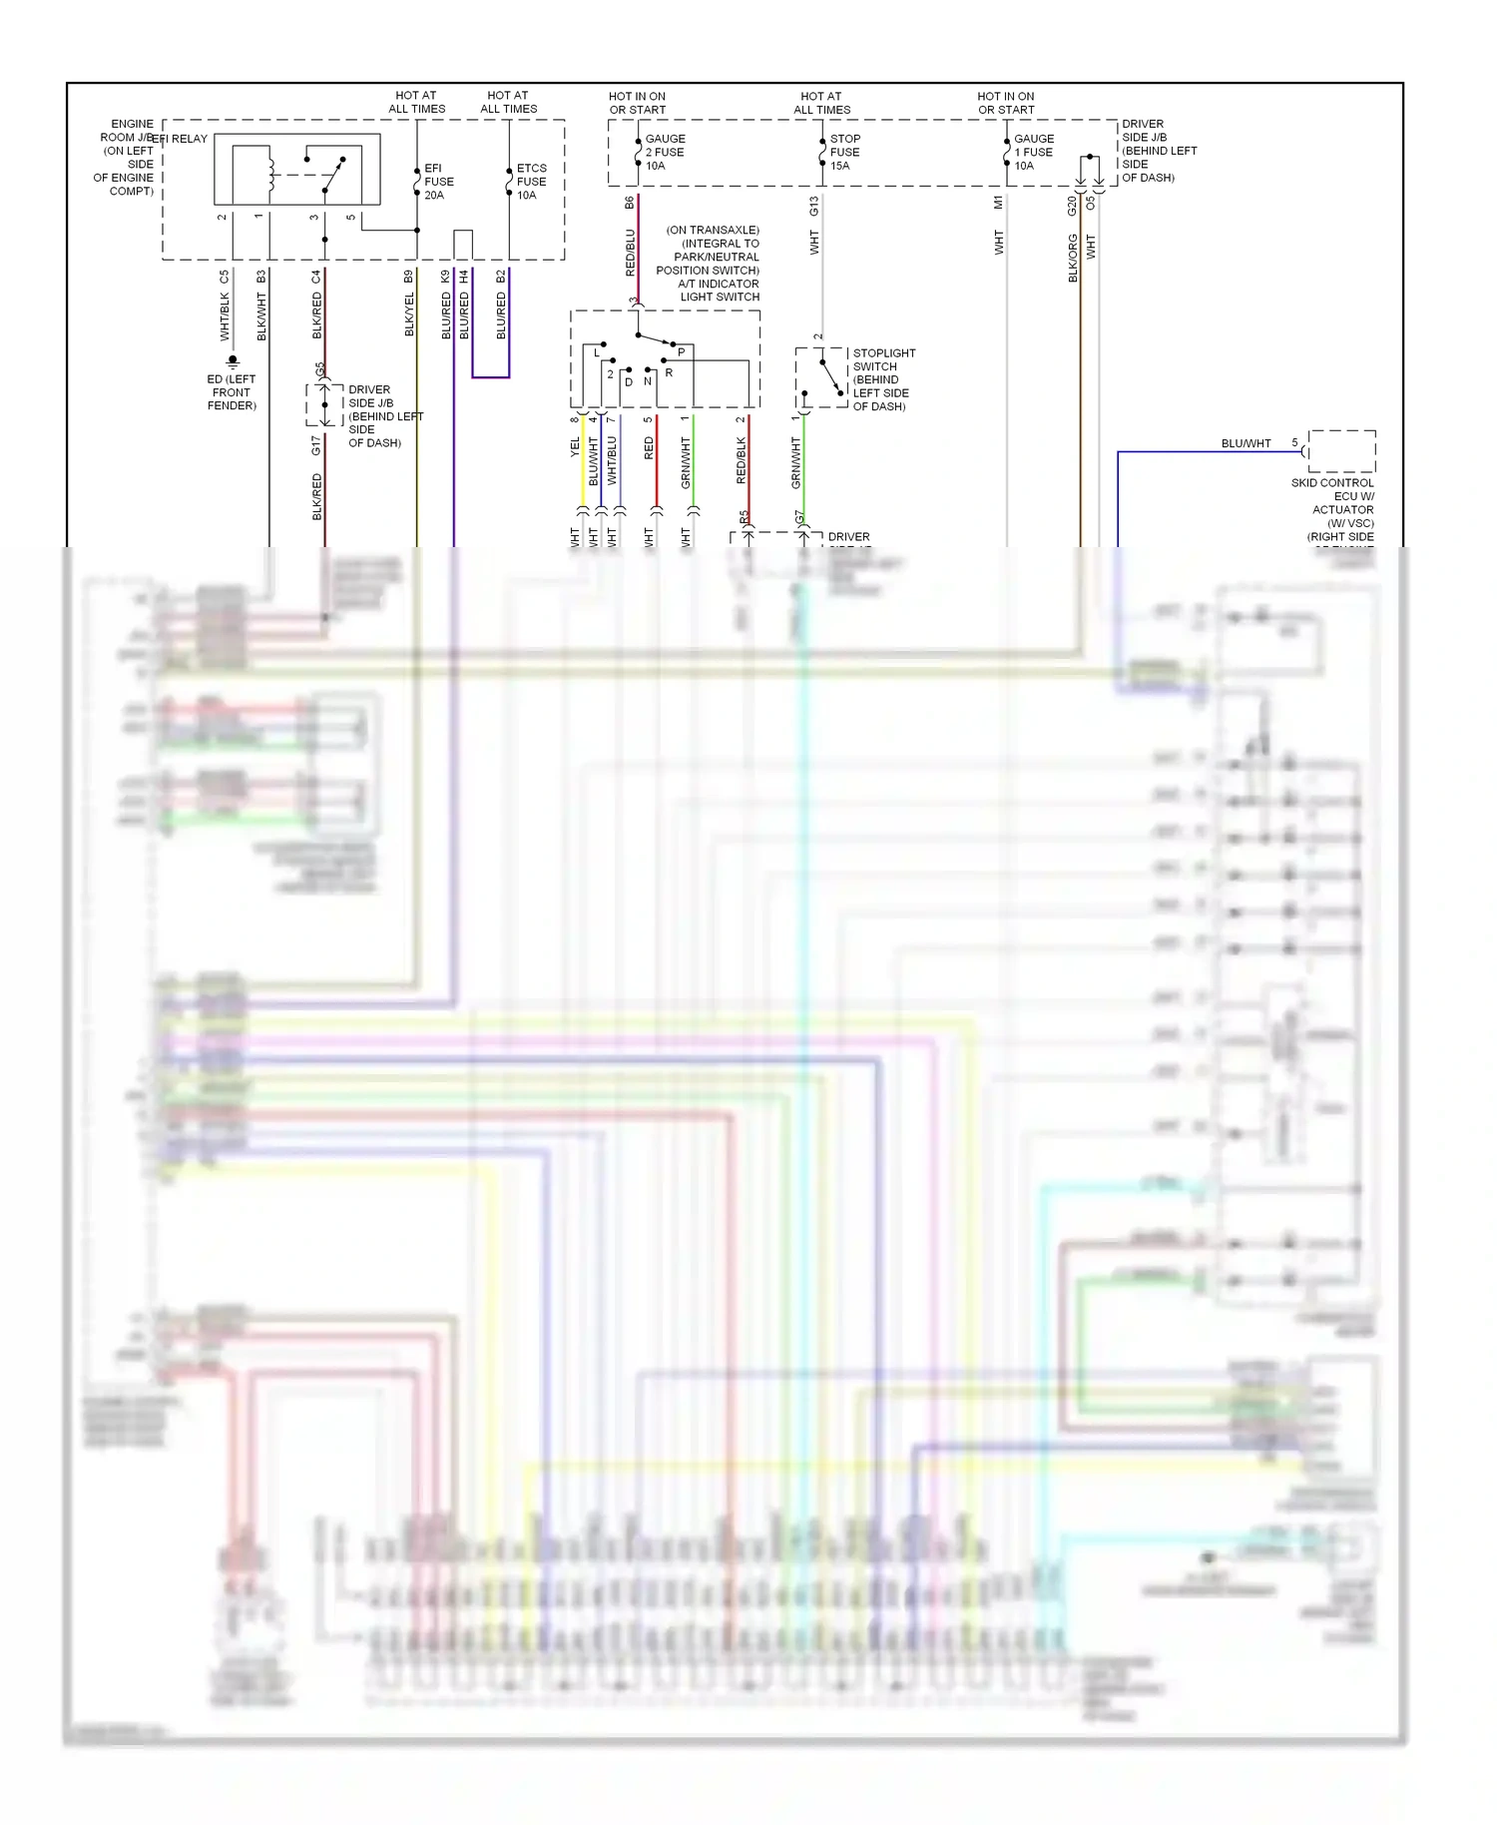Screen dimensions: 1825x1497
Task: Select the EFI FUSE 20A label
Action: pos(438,182)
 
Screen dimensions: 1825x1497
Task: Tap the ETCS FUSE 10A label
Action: pos(531,182)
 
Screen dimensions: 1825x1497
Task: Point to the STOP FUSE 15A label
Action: pos(844,152)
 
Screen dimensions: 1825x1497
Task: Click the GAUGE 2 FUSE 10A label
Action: pos(665,152)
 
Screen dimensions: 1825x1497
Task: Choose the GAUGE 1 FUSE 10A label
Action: pos(1033,152)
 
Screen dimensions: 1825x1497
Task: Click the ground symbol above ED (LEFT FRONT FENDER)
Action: pos(233,360)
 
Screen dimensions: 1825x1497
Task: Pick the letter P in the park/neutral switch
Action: pos(682,352)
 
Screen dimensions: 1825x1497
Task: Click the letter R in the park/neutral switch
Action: pos(669,373)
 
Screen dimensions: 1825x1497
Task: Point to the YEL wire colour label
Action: pos(575,448)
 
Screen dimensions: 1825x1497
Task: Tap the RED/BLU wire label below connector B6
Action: pos(630,253)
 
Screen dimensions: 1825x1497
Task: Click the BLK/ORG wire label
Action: pos(1073,259)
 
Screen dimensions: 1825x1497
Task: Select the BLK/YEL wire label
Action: pos(409,314)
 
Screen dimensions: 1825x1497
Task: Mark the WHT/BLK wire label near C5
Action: pos(225,315)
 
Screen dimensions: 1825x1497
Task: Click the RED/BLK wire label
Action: pos(741,460)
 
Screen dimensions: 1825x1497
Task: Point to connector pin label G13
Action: pos(814,206)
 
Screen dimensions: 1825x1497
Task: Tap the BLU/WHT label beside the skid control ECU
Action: pos(1246,443)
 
